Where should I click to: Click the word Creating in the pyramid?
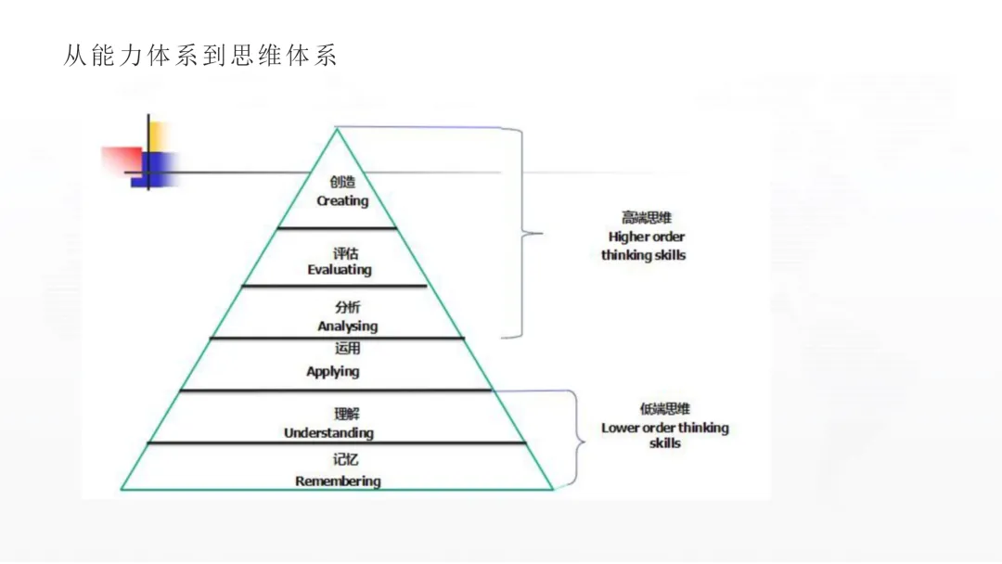(x=342, y=200)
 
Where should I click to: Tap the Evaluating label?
(x=340, y=270)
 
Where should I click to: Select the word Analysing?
(x=347, y=326)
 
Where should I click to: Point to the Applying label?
(x=333, y=371)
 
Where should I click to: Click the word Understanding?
(x=328, y=433)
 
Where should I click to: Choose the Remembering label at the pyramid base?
(x=338, y=481)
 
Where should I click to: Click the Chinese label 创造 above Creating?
(x=342, y=183)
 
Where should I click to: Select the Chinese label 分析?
(x=348, y=308)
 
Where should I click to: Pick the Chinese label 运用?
(x=347, y=349)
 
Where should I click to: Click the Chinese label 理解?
(x=346, y=415)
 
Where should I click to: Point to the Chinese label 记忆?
(x=345, y=459)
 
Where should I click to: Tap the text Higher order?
(x=647, y=237)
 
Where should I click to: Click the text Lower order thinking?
(x=664, y=428)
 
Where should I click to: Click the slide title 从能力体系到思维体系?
(x=199, y=56)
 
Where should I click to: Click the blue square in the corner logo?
(x=160, y=169)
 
